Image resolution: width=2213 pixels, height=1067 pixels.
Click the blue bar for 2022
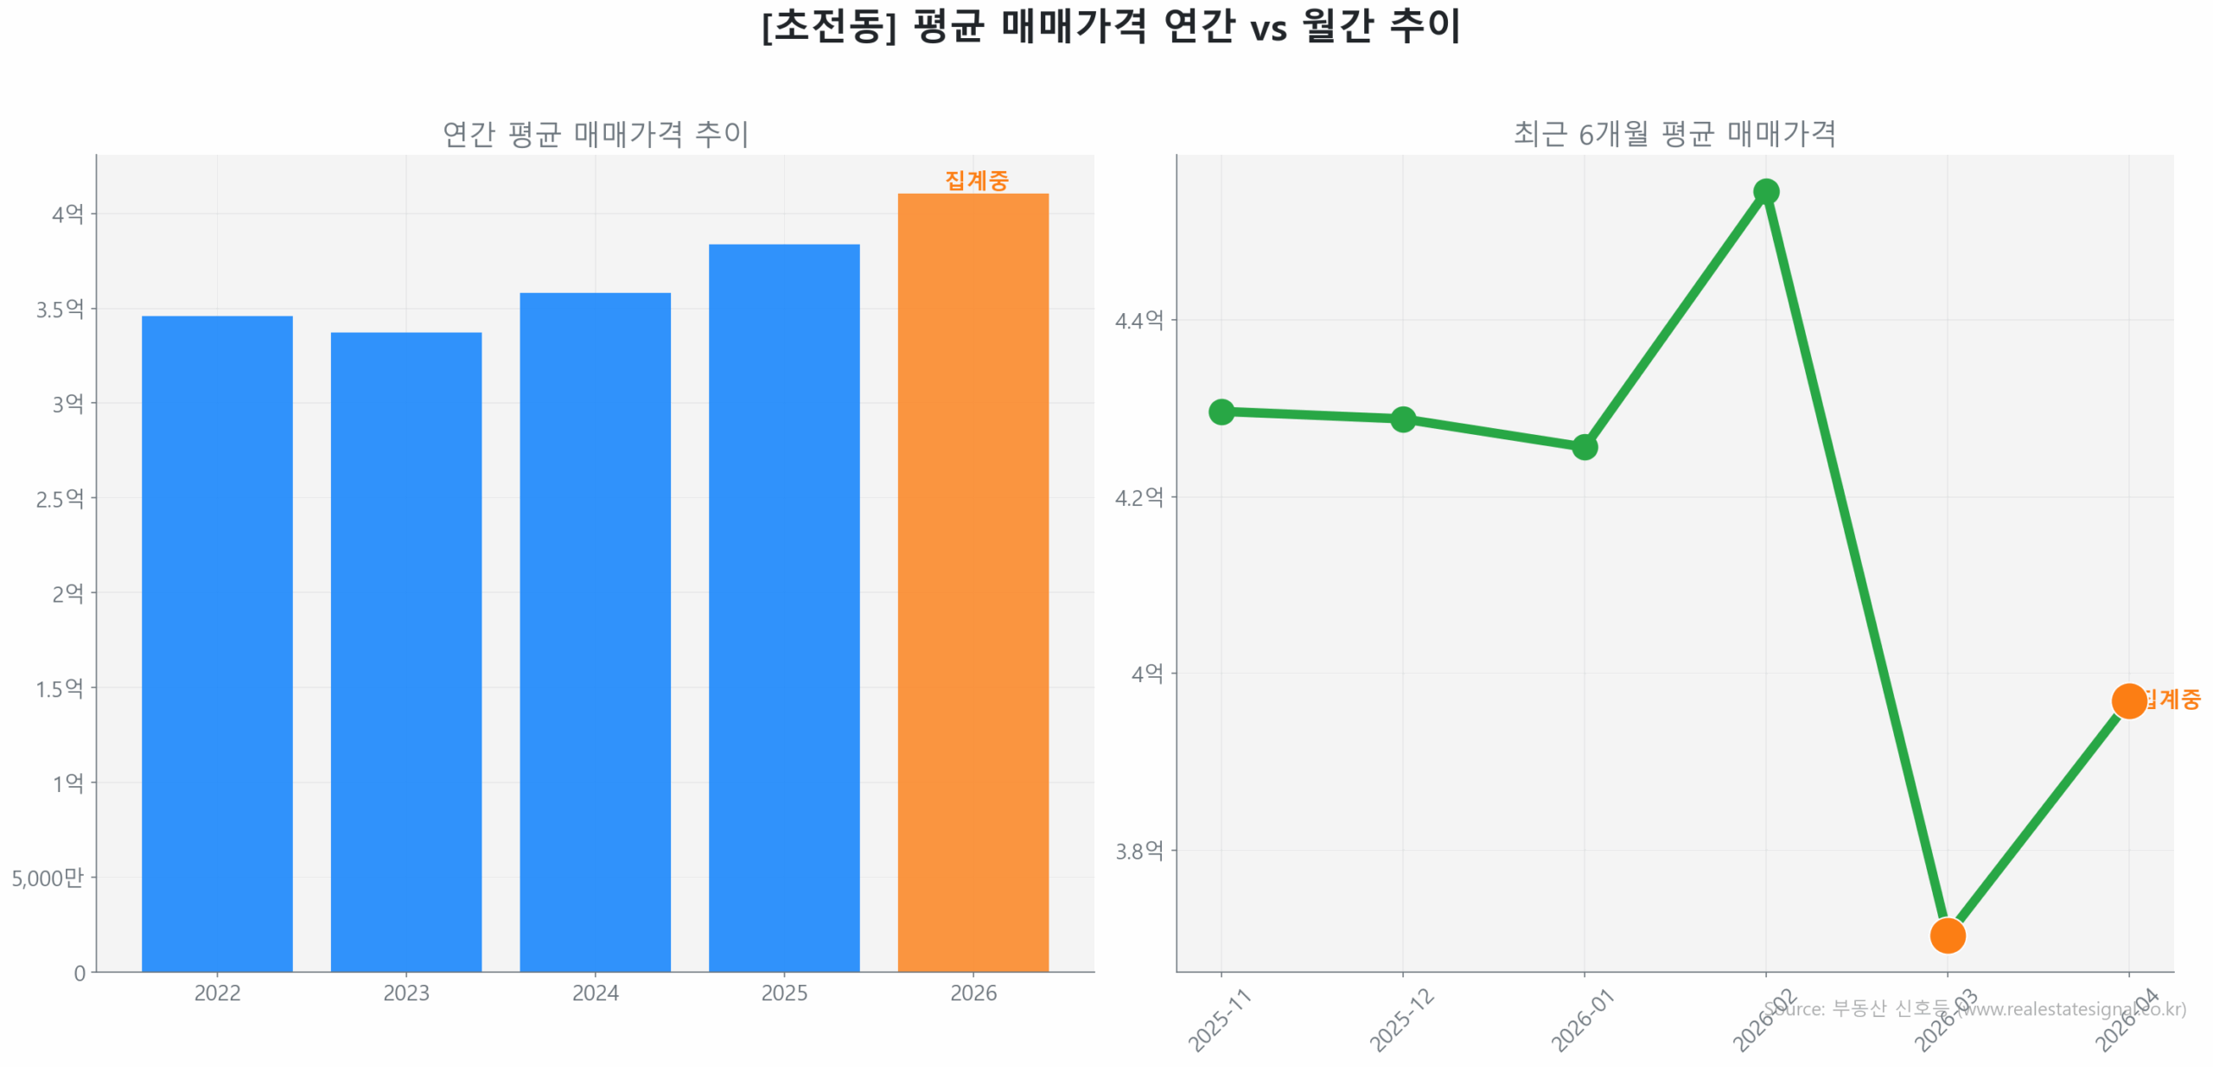click(x=217, y=643)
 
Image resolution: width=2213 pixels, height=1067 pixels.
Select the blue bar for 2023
click(x=406, y=652)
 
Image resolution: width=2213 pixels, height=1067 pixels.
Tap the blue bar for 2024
click(x=595, y=632)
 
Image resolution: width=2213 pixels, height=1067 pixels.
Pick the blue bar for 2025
click(x=784, y=608)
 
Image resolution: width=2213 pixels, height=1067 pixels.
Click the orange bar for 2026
click(x=973, y=582)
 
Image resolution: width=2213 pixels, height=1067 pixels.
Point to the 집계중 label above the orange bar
click(x=976, y=180)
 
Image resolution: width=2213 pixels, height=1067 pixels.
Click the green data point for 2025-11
click(x=1221, y=412)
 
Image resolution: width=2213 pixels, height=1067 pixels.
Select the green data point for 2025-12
click(x=1402, y=419)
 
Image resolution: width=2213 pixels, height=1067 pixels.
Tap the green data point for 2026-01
click(x=1584, y=447)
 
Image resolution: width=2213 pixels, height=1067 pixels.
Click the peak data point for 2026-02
click(x=1765, y=192)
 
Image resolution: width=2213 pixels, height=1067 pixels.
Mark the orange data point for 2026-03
click(x=1947, y=935)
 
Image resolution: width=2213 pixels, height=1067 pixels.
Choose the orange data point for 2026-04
click(x=2128, y=700)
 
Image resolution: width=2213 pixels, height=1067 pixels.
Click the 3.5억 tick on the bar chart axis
click(x=60, y=309)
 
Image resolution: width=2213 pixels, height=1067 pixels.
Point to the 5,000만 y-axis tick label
click(x=48, y=878)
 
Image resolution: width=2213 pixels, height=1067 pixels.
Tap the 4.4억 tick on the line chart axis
click(x=1138, y=321)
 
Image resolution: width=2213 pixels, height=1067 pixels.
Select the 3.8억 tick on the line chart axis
click(x=1138, y=851)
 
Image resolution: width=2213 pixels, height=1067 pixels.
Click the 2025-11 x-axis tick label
click(x=1219, y=1020)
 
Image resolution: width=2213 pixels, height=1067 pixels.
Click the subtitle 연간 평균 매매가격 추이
click(x=595, y=134)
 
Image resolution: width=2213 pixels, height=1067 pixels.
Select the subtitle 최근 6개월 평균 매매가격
click(x=1674, y=134)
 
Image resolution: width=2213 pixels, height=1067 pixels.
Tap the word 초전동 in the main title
click(x=828, y=26)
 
